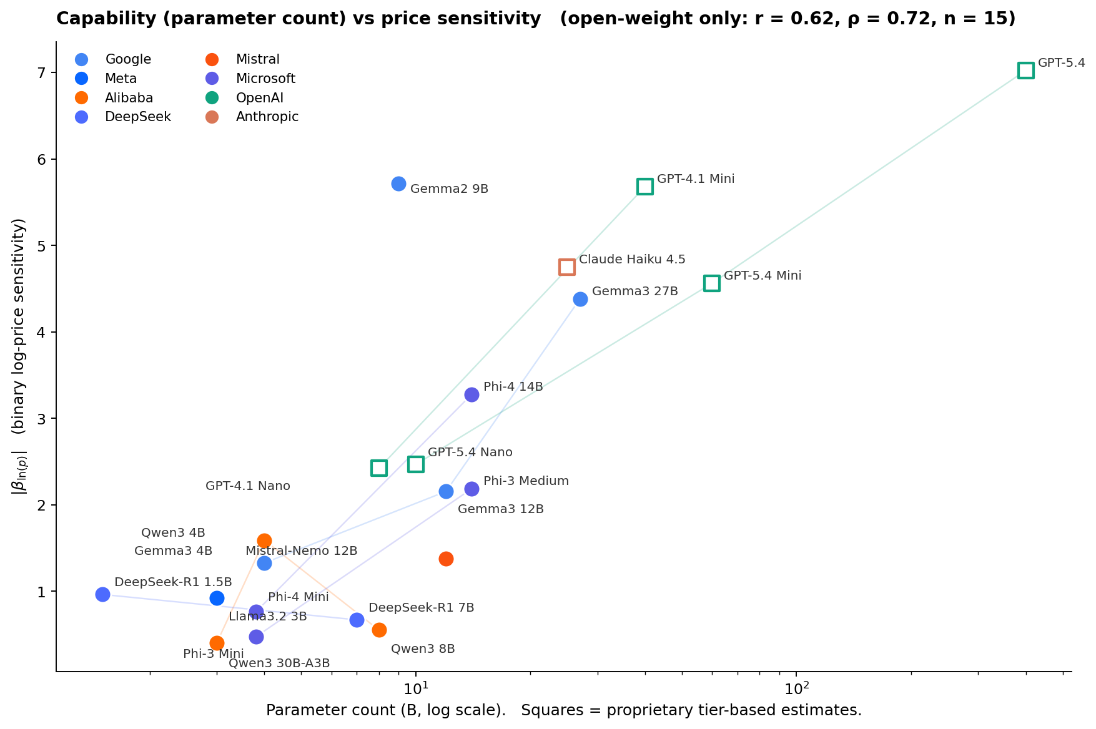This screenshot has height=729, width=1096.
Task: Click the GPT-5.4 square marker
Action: point(1025,71)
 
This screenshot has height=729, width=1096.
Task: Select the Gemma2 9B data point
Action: point(398,183)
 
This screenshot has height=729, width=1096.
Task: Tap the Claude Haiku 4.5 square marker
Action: point(566,267)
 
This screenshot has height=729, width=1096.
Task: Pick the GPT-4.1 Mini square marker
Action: point(645,187)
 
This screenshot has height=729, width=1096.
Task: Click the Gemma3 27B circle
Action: point(580,299)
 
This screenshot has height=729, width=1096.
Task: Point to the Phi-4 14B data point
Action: point(471,394)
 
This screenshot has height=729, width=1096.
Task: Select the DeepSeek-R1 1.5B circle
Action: point(102,594)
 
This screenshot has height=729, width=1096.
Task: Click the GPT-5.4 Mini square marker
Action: point(711,283)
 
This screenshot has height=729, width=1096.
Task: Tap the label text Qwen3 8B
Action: point(423,649)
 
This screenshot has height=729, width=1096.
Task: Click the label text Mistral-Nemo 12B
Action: point(301,551)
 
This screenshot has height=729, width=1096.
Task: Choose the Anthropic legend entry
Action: point(267,117)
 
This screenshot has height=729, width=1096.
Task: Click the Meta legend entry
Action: point(121,79)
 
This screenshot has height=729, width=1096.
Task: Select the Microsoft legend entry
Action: point(265,79)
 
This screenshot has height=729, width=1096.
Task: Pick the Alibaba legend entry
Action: point(129,98)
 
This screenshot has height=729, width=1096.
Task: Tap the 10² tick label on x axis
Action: point(796,688)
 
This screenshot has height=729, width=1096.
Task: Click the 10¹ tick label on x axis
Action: point(415,688)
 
